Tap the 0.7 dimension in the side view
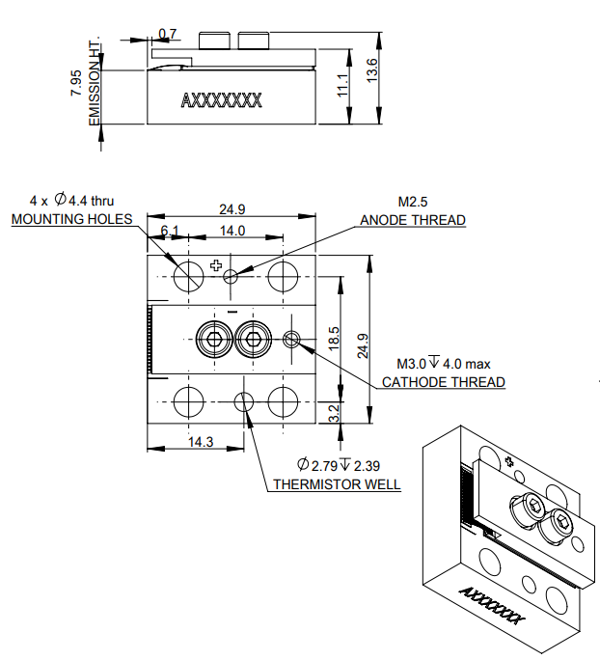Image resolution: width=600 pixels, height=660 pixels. pyautogui.click(x=168, y=35)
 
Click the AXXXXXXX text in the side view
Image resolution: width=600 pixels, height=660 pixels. pyautogui.click(x=221, y=99)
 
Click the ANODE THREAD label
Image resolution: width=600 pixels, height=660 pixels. pyautogui.click(x=412, y=220)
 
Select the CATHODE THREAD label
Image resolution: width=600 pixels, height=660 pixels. pyautogui.click(x=443, y=382)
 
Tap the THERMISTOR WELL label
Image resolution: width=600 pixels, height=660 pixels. pyautogui.click(x=337, y=484)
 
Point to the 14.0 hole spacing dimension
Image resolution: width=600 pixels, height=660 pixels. pyautogui.click(x=232, y=231)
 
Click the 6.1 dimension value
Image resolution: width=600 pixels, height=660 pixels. pyautogui.click(x=170, y=231)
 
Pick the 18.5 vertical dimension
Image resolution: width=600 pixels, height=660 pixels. pyautogui.click(x=334, y=338)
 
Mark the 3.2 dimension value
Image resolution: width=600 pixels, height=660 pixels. pyautogui.click(x=334, y=413)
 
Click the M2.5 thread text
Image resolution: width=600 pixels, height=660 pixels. pyautogui.click(x=412, y=202)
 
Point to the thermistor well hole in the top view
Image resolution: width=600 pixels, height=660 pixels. pyautogui.click(x=246, y=400)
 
